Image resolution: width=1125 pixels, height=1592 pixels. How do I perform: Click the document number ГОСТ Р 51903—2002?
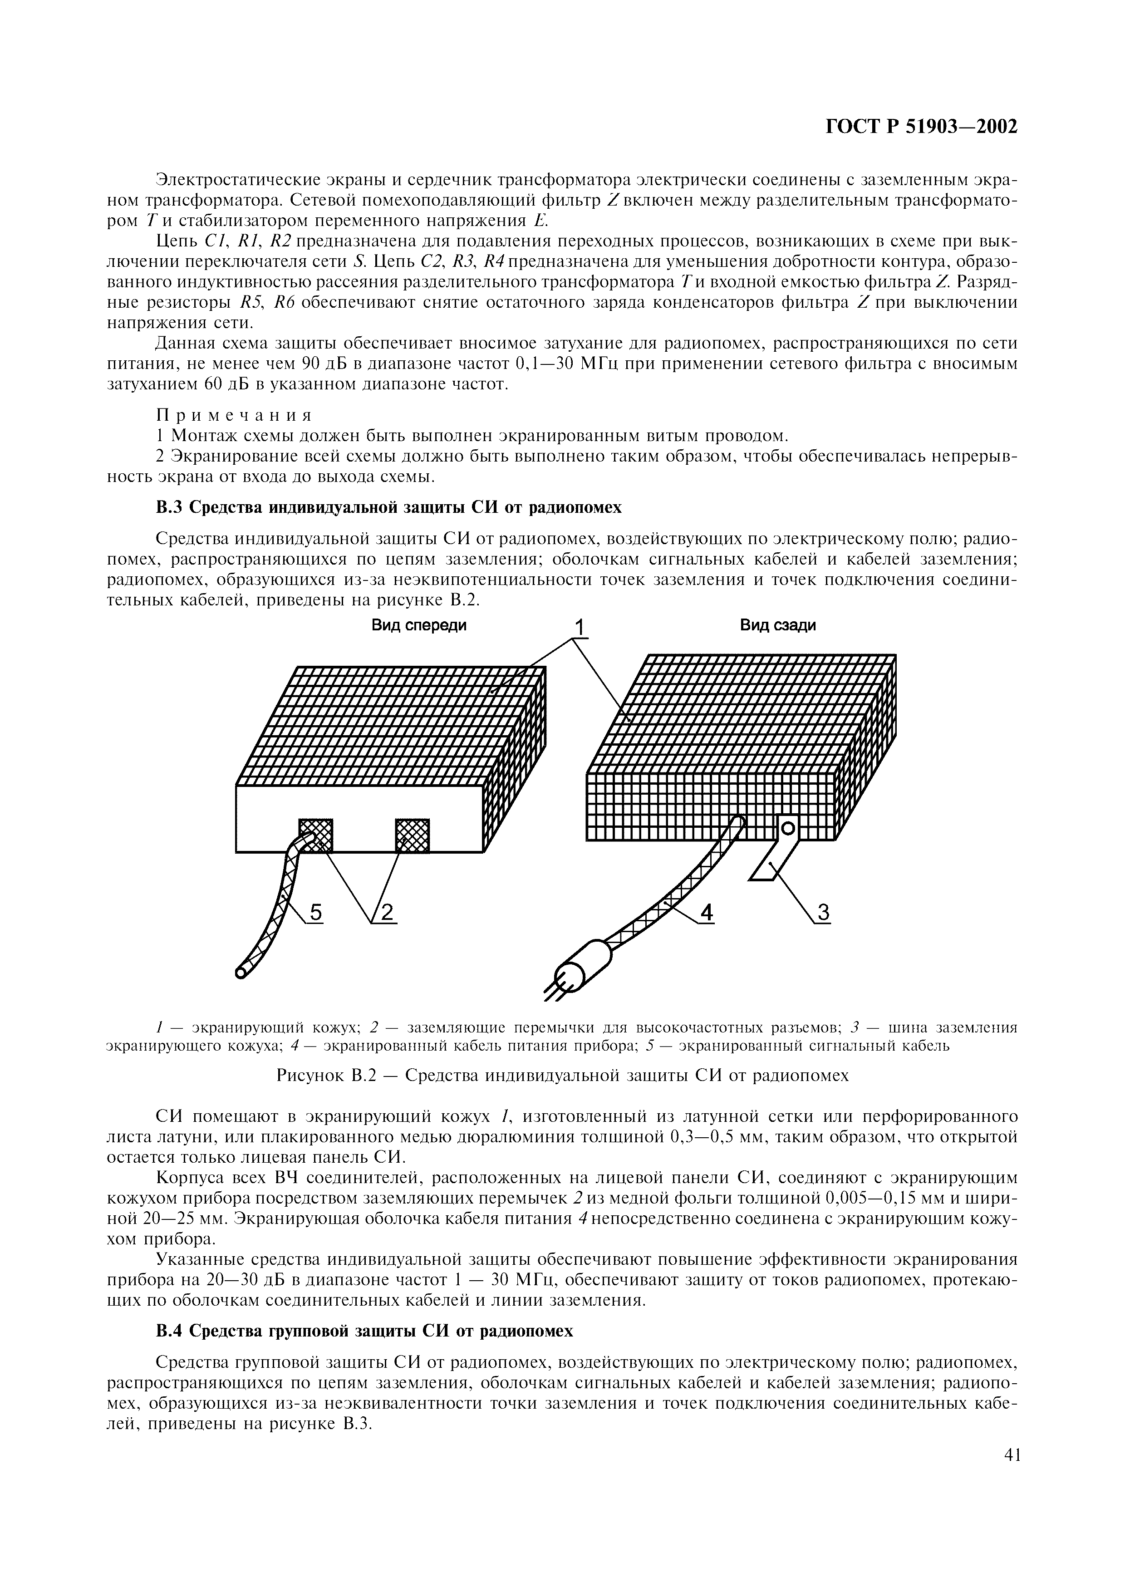921,127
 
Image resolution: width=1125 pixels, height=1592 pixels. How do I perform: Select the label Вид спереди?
419,625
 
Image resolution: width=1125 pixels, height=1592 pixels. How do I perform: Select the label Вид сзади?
778,625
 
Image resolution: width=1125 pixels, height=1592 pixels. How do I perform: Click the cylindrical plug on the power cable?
587,964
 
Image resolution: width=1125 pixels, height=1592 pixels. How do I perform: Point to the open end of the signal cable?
241,972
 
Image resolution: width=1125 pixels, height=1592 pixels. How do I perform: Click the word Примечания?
234,415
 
